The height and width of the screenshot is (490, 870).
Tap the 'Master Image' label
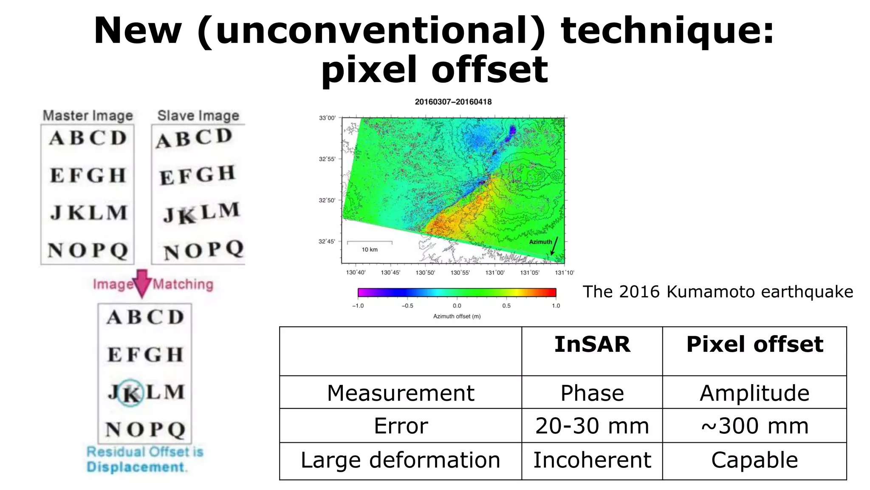click(x=88, y=115)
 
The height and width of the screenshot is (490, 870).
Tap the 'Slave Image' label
click(x=198, y=115)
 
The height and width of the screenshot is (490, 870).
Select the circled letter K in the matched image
click(x=130, y=393)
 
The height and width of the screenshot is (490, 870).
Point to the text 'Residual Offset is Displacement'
click(x=144, y=459)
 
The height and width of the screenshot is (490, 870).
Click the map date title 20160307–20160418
click(x=453, y=102)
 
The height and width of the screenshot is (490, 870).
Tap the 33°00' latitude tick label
click(x=327, y=118)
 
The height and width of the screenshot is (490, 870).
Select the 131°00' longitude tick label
click(x=495, y=273)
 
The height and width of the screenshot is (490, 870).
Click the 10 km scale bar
click(x=370, y=243)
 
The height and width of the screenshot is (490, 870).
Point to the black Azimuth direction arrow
click(x=554, y=246)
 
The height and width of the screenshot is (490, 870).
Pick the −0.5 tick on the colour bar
click(x=407, y=305)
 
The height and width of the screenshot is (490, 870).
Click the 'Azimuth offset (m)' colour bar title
click(x=457, y=316)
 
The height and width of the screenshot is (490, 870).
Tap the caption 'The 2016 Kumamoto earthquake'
click(x=717, y=292)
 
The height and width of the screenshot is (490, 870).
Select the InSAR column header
click(x=592, y=344)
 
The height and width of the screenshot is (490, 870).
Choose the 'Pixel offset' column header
click(x=754, y=344)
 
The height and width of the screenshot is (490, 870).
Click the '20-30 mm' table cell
click(x=592, y=426)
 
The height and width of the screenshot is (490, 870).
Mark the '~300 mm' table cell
click(x=754, y=426)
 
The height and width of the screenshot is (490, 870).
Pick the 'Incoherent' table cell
click(x=592, y=460)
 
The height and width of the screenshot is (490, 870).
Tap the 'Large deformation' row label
click(x=400, y=460)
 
